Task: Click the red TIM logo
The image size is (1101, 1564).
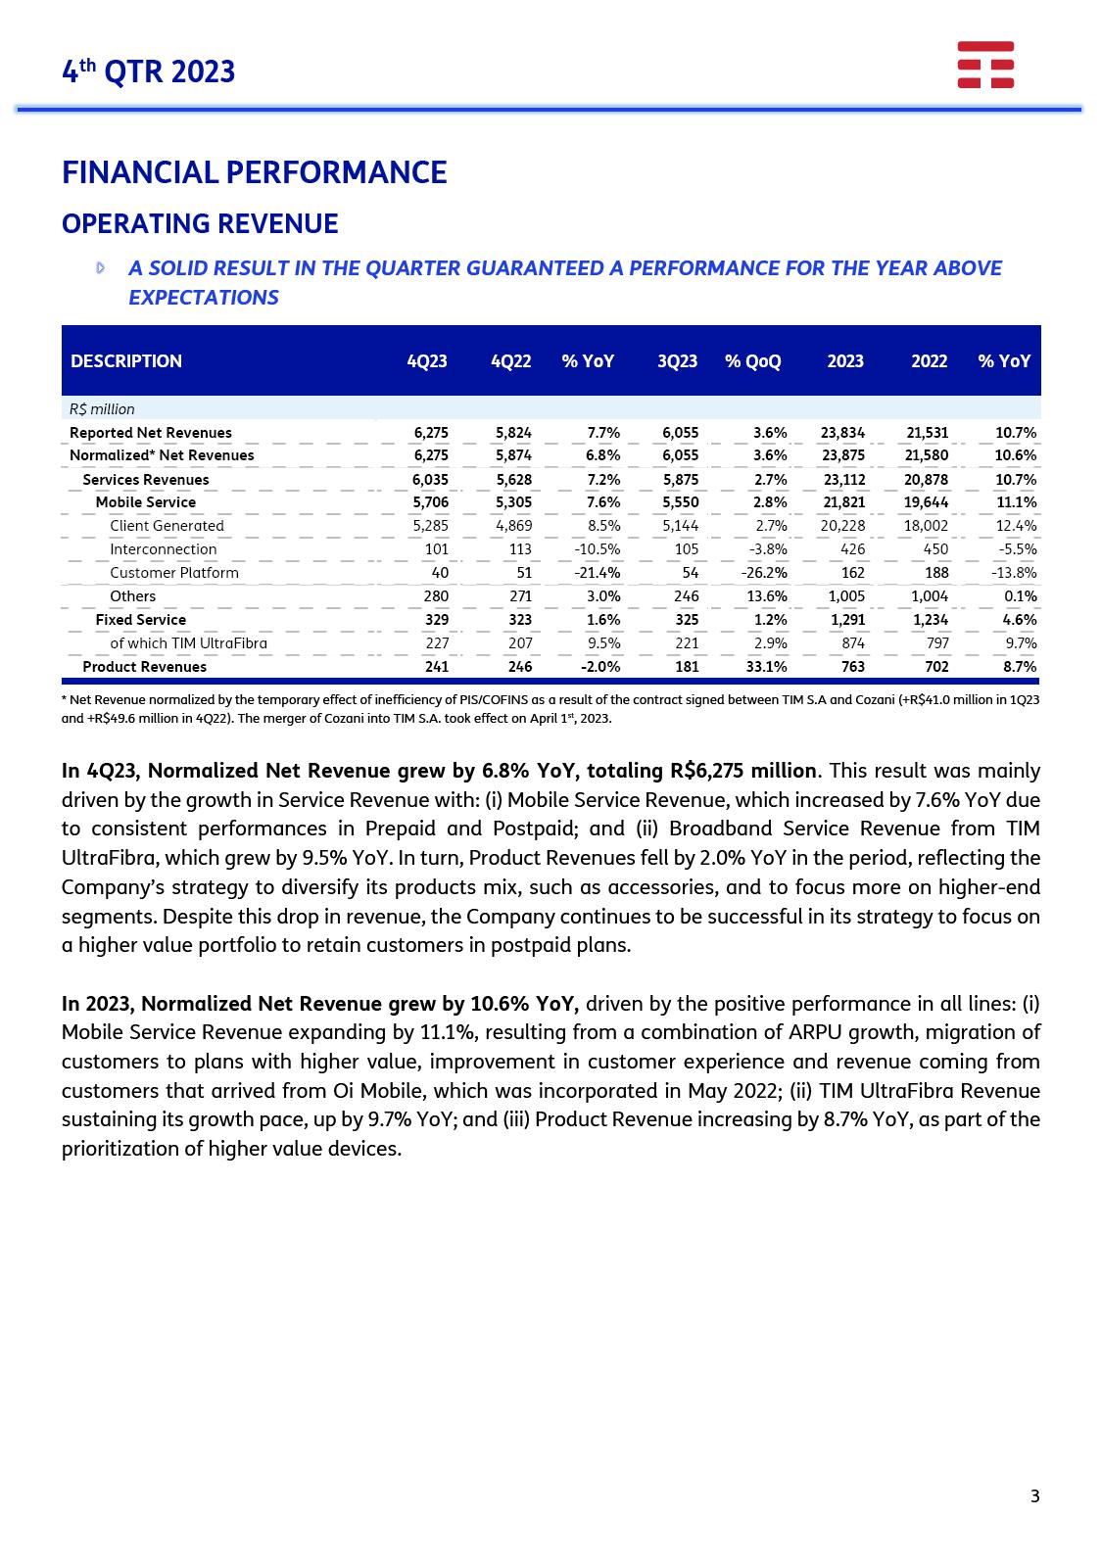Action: [x=985, y=65]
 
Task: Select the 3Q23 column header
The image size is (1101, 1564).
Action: [x=677, y=361]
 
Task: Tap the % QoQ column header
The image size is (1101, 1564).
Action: [x=752, y=361]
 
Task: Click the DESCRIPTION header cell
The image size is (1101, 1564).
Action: [x=126, y=361]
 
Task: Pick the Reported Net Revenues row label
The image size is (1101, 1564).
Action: [x=151, y=433]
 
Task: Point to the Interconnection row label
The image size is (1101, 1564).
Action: [x=163, y=549]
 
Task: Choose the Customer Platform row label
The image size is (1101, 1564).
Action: [x=173, y=573]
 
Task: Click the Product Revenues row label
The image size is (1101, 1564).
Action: [x=144, y=667]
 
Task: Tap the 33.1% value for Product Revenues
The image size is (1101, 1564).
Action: [x=766, y=667]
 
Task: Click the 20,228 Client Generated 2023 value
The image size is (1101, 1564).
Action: [x=842, y=526]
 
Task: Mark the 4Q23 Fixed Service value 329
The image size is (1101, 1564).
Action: [x=436, y=620]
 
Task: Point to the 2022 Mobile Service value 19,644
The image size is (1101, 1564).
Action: [x=926, y=502]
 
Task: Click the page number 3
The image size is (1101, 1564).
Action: [x=1035, y=1495]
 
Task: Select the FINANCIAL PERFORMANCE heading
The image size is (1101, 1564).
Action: [x=254, y=172]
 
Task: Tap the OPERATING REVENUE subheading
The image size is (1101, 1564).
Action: [x=200, y=224]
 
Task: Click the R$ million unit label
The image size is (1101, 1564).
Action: [x=102, y=409]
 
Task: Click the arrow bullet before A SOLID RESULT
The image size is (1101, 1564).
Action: [x=101, y=268]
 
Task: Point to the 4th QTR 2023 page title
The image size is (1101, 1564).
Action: [x=149, y=71]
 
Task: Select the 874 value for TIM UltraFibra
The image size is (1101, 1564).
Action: [x=852, y=643]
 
